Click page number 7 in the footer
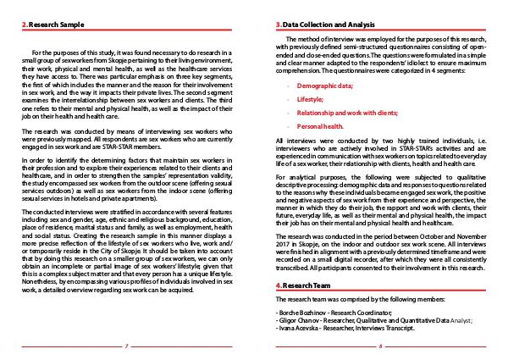point(125,346)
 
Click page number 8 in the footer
point(381,346)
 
